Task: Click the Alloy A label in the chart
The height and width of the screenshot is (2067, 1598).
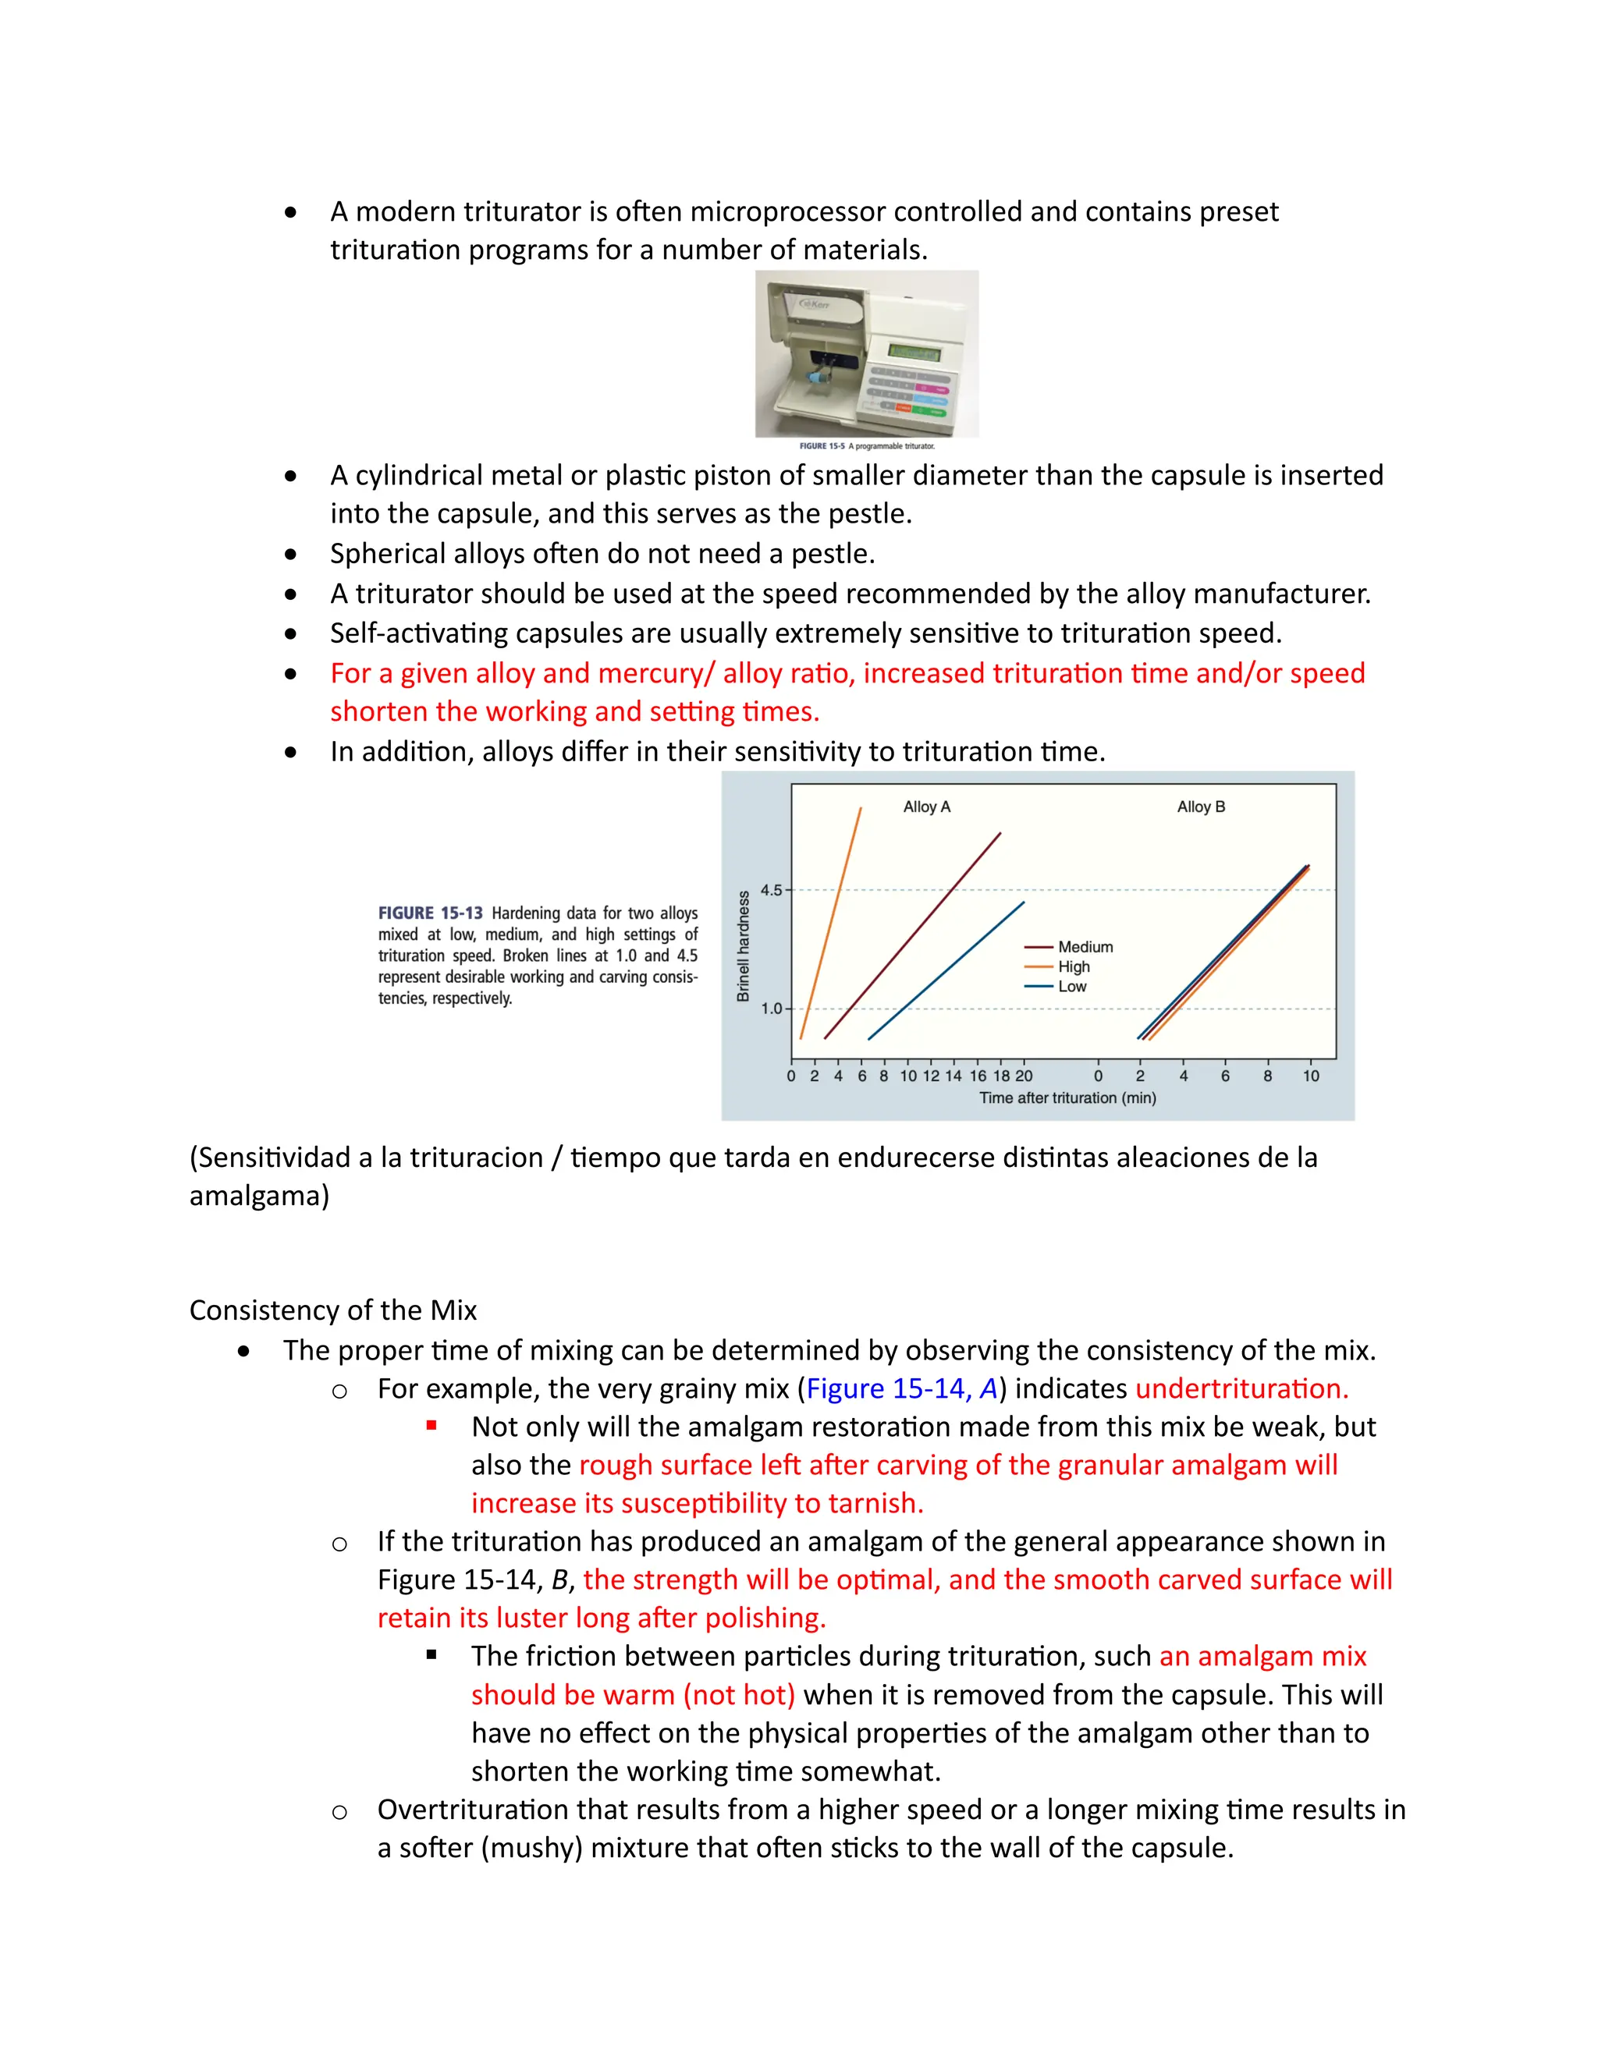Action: [926, 807]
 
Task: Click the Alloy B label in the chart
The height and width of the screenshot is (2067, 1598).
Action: [1200, 807]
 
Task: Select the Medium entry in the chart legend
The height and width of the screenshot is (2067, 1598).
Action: [1085, 946]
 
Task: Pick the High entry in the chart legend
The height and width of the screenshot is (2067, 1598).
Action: [1074, 966]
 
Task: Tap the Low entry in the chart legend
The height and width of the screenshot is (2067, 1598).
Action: [1071, 986]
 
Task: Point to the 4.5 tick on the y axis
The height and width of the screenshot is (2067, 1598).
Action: [772, 890]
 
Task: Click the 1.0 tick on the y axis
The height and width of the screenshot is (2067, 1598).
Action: [772, 1009]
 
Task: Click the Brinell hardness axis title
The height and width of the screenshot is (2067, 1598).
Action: [743, 946]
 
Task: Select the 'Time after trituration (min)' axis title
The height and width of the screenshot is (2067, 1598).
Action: [1067, 1098]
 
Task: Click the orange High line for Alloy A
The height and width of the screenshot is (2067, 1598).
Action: [831, 923]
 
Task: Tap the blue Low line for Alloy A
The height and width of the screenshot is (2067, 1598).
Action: [946, 970]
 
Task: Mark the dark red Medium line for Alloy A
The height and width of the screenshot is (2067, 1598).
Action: [914, 935]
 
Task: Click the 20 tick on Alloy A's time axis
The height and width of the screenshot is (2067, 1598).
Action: [1024, 1076]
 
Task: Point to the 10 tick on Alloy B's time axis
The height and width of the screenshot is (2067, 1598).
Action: [1310, 1076]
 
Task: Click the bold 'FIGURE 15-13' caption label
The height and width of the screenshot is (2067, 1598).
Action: [430, 913]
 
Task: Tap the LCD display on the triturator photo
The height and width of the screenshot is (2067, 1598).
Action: [914, 352]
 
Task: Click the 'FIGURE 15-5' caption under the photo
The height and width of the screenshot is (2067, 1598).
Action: [822, 445]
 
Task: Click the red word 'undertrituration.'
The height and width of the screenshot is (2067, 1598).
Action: [1241, 1388]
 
